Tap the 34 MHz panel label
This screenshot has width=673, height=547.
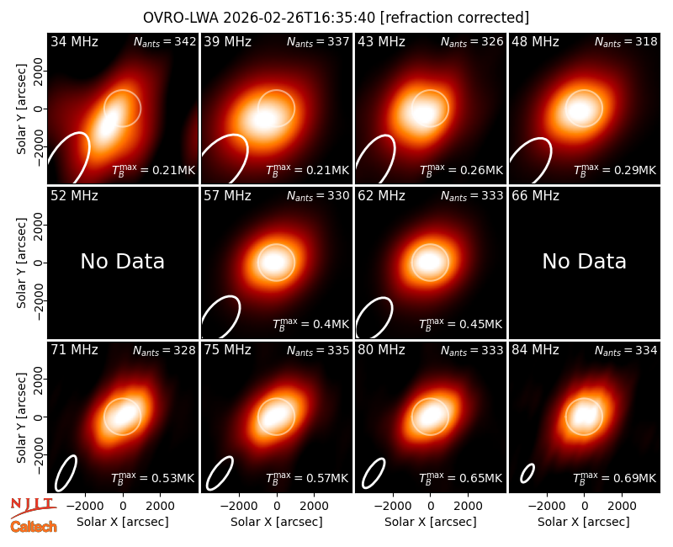tap(74, 41)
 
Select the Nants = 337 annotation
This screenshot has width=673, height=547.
tap(318, 41)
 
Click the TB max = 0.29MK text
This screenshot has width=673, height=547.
tap(615, 170)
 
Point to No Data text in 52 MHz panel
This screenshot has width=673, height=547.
tap(122, 261)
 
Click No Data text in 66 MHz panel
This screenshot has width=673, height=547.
tap(584, 261)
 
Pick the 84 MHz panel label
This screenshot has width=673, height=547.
tap(535, 350)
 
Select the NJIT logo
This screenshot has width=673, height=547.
tap(33, 507)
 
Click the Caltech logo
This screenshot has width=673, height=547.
tap(34, 527)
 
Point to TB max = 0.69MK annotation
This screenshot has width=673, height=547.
tap(615, 478)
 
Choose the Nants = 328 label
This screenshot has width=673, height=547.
tap(164, 350)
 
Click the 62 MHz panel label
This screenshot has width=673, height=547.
tap(382, 196)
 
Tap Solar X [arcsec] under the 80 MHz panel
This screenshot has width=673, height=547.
tap(431, 522)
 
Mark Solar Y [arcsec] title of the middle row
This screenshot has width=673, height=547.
tap(21, 263)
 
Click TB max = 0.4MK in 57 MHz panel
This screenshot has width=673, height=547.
tap(311, 324)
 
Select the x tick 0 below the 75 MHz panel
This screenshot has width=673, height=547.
tap(277, 507)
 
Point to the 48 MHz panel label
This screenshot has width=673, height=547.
tap(535, 41)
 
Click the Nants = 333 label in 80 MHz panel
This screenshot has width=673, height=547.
tap(472, 350)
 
